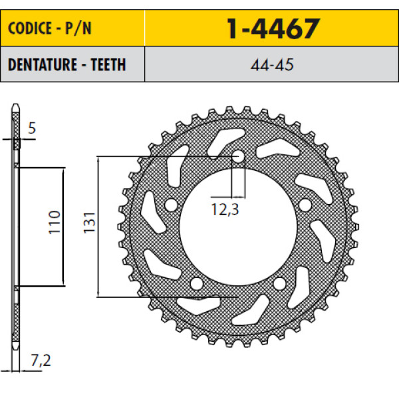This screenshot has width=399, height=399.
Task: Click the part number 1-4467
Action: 273,29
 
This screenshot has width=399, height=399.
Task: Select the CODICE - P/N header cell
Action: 72,28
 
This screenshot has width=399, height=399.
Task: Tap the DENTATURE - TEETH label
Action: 66,65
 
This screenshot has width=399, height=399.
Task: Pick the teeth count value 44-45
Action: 272,65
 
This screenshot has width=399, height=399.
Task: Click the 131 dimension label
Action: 89,222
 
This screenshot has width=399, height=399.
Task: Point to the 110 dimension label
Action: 55,222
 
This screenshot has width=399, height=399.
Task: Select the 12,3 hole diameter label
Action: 225,209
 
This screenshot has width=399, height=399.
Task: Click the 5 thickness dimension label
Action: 32,128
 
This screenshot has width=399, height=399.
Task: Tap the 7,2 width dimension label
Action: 41,360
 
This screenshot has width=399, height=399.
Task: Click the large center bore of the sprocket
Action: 239,227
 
